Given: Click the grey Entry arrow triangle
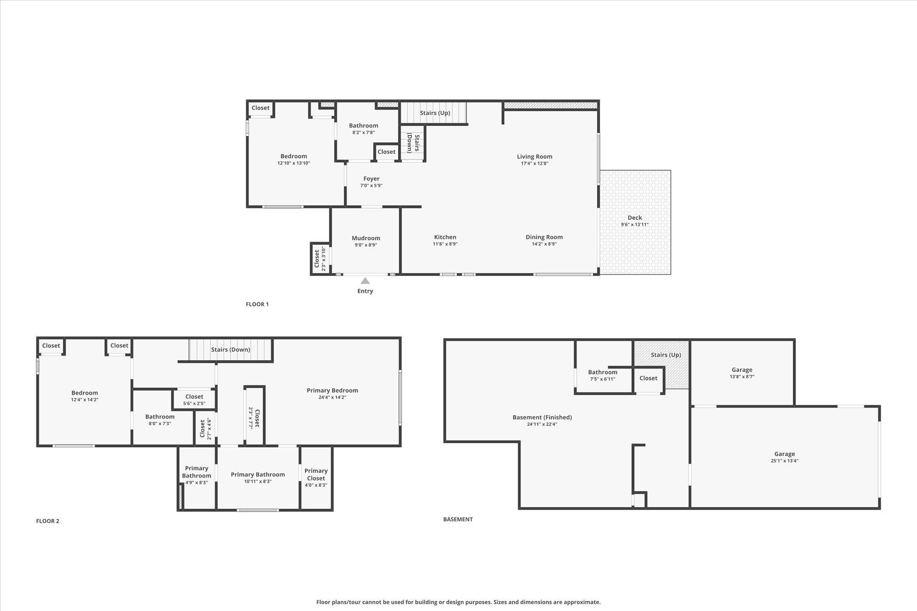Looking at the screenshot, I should [365, 281].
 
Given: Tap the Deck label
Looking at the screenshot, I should [635, 218].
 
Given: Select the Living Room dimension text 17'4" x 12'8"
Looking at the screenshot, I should [535, 164].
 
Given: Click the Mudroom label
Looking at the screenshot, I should [366, 238].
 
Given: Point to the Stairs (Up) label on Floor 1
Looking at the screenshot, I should [435, 113].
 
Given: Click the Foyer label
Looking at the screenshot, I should [371, 179].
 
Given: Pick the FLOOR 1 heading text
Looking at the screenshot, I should [257, 304].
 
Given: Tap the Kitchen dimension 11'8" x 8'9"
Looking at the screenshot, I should [445, 244].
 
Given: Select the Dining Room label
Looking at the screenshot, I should [544, 237].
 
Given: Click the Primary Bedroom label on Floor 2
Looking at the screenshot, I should [332, 391].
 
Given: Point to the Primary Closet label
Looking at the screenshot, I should [316, 474].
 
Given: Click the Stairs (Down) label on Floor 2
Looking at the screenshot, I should [231, 350].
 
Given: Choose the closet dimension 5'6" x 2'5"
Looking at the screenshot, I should [194, 404].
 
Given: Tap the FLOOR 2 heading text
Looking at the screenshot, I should [48, 521].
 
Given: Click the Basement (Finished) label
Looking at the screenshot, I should [542, 417].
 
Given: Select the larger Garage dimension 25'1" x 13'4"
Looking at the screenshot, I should [784, 461].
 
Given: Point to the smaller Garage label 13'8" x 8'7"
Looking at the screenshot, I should [742, 370].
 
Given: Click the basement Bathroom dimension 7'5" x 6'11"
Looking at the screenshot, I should [602, 379].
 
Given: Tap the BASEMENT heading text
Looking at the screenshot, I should [458, 519].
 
